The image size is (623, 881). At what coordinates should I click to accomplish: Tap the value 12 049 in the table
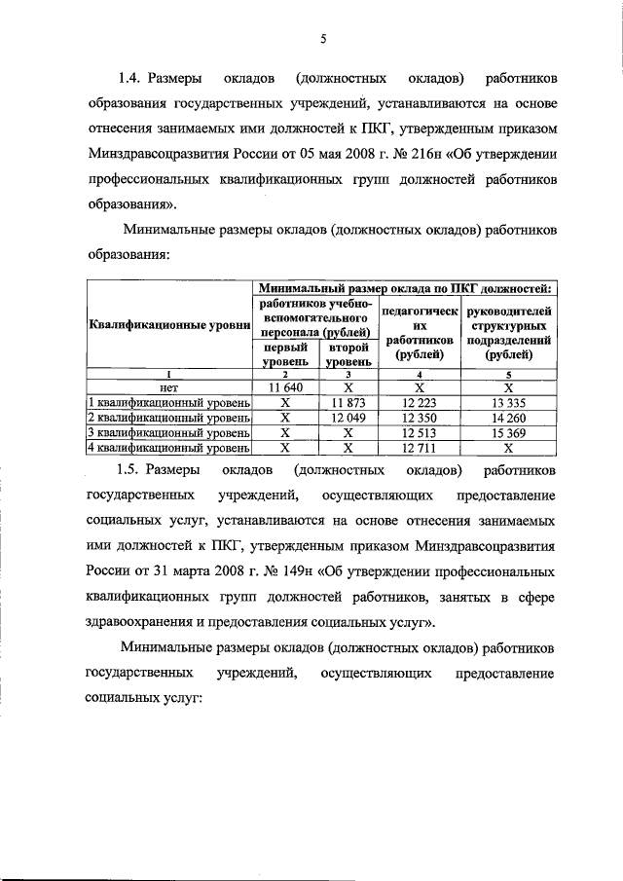(348, 417)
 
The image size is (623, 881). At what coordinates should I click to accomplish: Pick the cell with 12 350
(419, 417)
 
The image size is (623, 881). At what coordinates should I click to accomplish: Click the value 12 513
(419, 432)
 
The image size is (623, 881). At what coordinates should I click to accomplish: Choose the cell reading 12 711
(419, 448)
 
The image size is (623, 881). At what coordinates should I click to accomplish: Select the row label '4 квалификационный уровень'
(169, 448)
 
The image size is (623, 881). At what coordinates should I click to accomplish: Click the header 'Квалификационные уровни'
(169, 324)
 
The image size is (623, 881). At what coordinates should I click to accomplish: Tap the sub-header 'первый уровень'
(285, 353)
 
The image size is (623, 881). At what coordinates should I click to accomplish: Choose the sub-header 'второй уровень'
(348, 353)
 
